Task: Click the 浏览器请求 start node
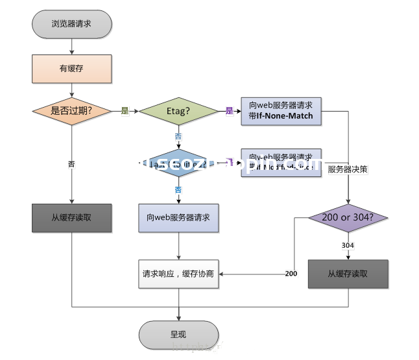[72, 24]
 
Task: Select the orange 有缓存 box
[72, 67]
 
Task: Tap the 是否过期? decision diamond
[71, 110]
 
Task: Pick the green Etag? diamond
[178, 111]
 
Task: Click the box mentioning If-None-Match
[281, 110]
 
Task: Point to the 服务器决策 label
[348, 169]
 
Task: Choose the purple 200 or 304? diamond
[348, 218]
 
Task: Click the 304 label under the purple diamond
[348, 245]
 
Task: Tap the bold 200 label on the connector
[291, 274]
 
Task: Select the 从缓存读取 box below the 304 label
[348, 274]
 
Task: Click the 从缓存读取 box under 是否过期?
[71, 218]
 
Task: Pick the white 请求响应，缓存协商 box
[178, 274]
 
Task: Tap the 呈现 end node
[178, 335]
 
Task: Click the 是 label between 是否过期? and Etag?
[125, 111]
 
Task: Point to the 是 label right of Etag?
[229, 111]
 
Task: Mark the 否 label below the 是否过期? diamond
[71, 164]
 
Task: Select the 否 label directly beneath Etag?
[178, 136]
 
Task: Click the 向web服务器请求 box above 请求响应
[178, 218]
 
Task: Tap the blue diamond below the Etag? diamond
[178, 164]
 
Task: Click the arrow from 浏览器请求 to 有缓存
[72, 45]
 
